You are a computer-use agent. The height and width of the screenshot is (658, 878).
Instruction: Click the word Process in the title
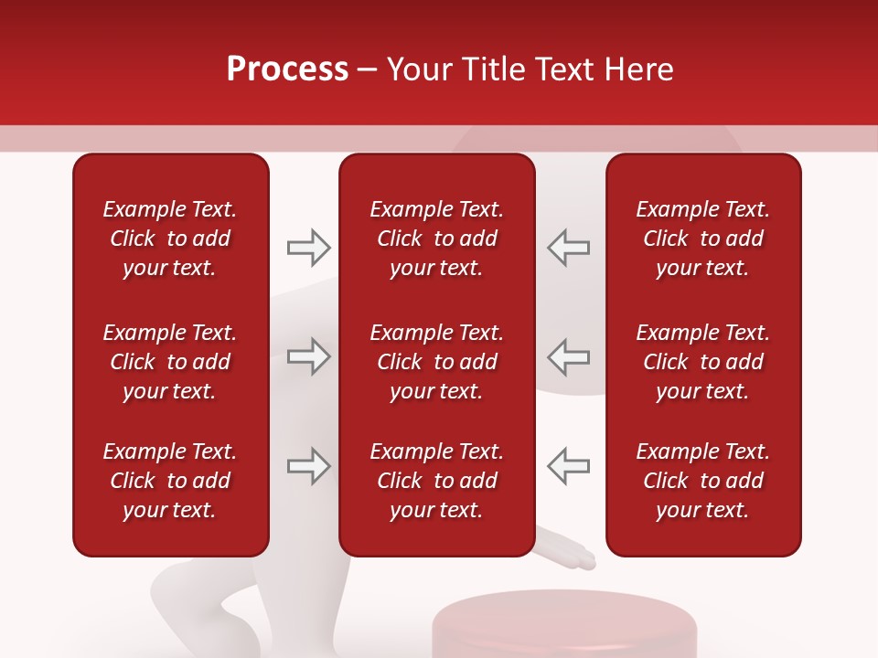(287, 69)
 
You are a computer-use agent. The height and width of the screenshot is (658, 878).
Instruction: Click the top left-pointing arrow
(568, 247)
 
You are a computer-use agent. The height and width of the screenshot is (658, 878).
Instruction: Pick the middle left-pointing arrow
(568, 356)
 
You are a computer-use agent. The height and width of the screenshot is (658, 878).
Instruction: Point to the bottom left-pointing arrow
(568, 466)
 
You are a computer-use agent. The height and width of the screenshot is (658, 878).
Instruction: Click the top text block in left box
(170, 239)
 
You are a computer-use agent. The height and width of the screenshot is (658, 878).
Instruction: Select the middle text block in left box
(170, 362)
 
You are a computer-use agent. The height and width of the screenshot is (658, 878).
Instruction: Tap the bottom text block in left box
(170, 481)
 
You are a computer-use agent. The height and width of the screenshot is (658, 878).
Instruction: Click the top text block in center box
(436, 239)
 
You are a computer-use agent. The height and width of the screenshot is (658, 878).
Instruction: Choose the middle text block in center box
(436, 362)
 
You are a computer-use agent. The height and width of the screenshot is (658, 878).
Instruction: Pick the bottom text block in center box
(436, 481)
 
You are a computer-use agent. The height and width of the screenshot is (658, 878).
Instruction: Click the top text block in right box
(702, 239)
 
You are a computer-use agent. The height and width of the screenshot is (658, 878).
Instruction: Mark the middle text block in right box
(702, 362)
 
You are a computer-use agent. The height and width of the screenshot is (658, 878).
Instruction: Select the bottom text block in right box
(702, 481)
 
